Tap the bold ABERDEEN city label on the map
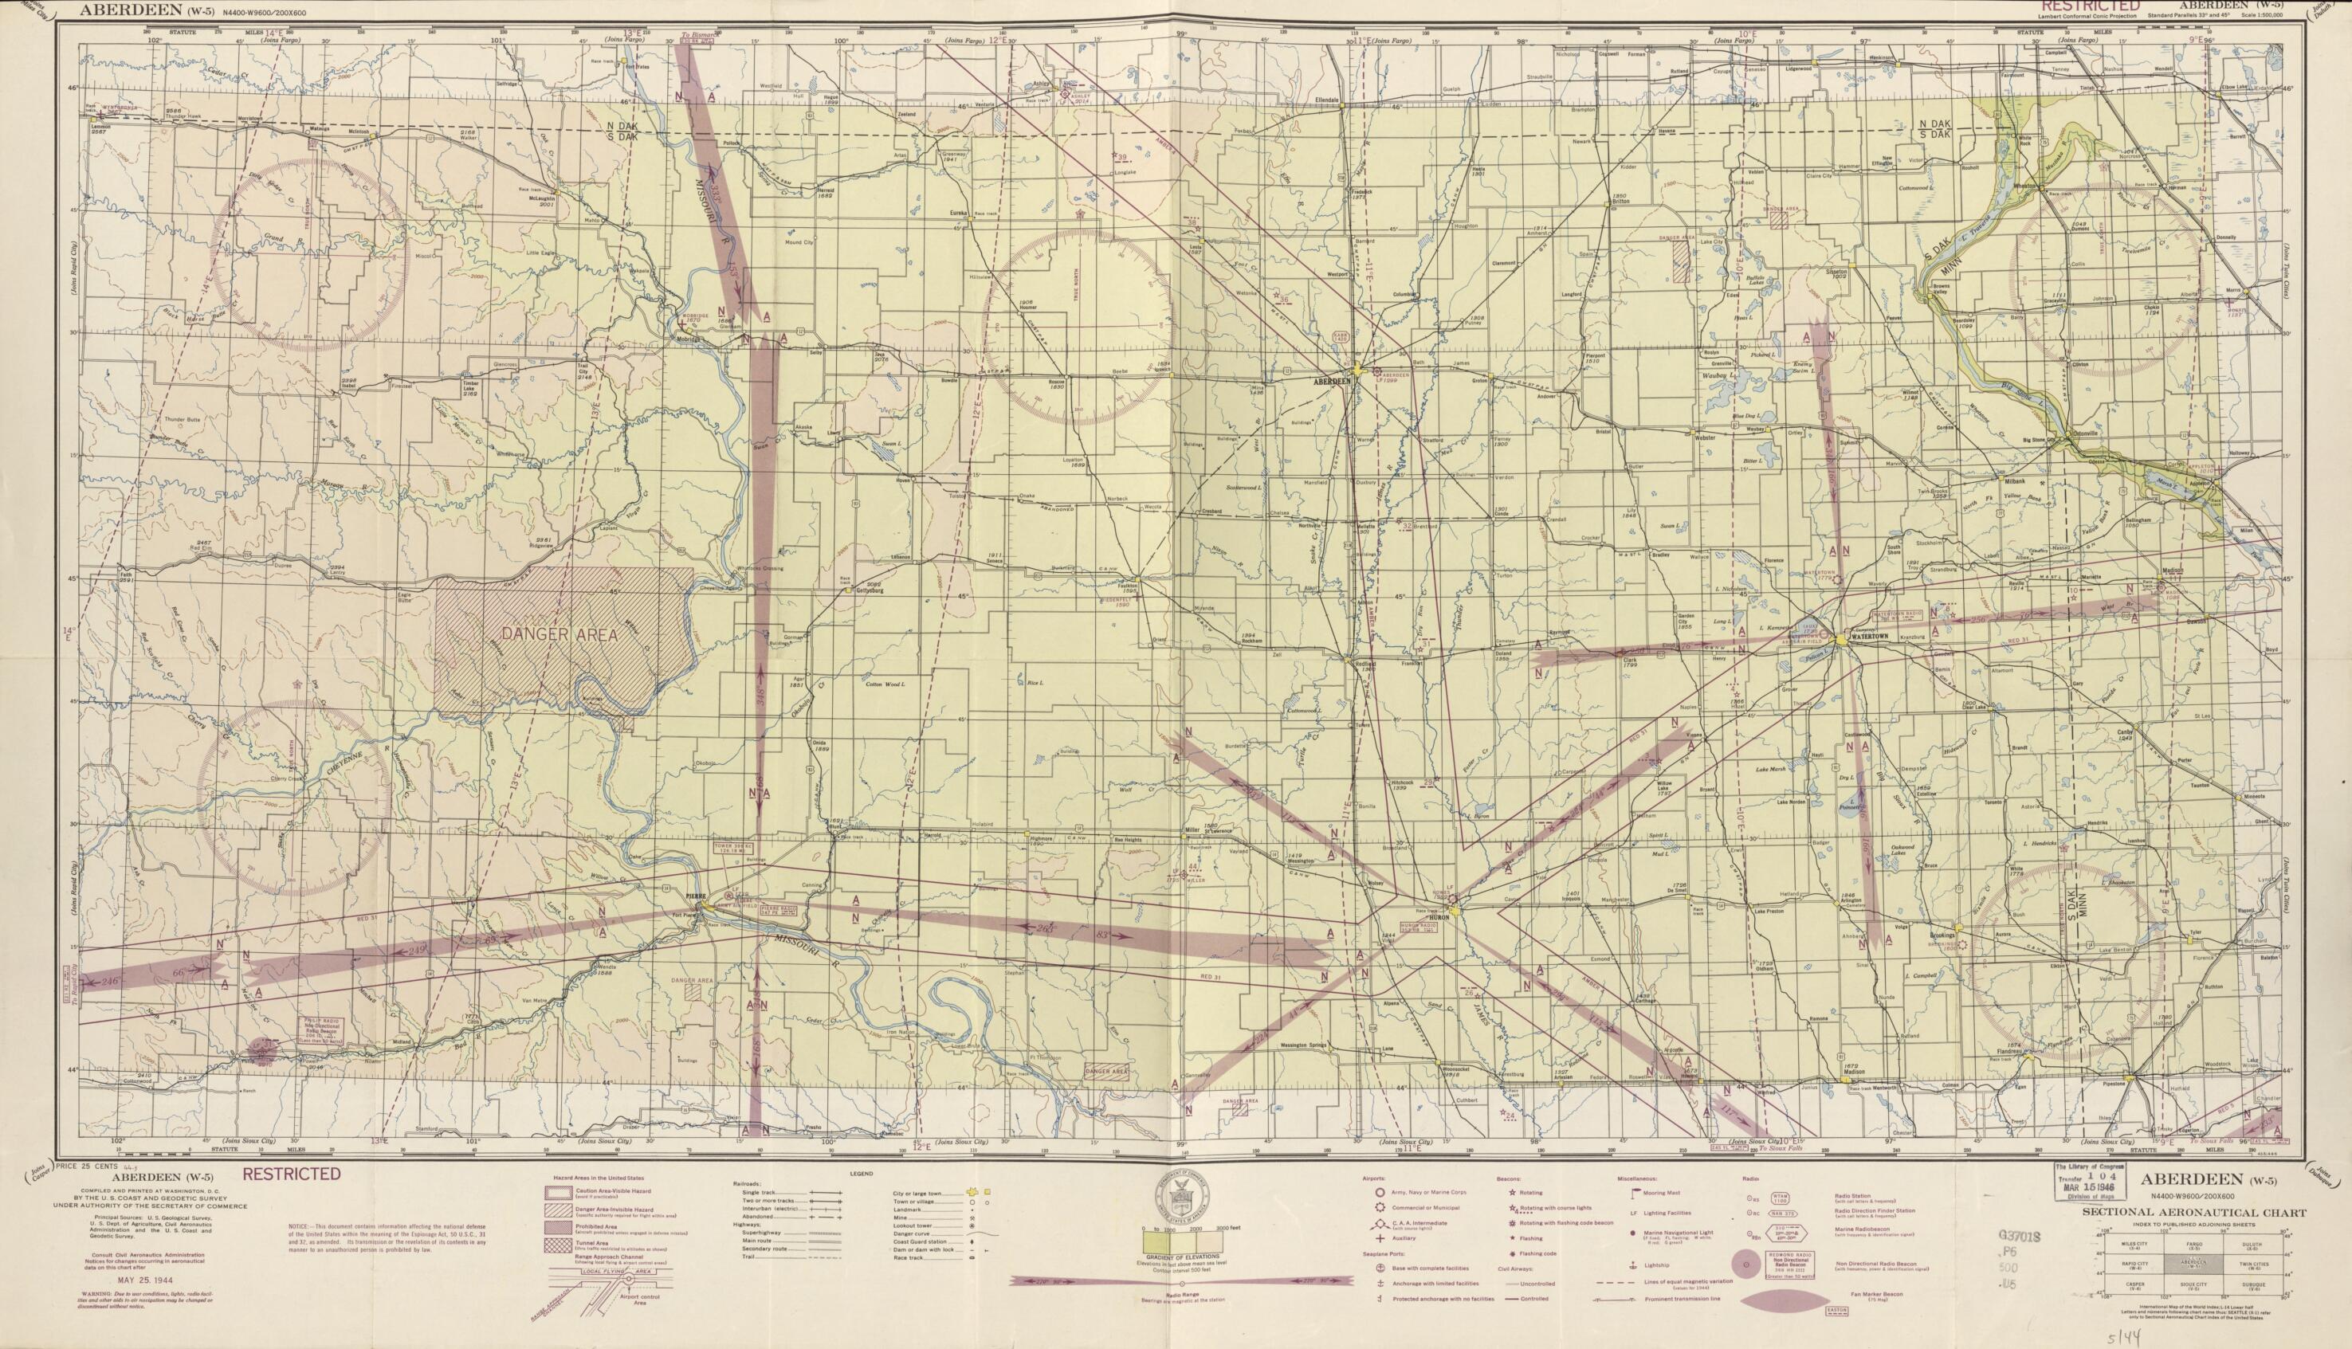pos(1333,381)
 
